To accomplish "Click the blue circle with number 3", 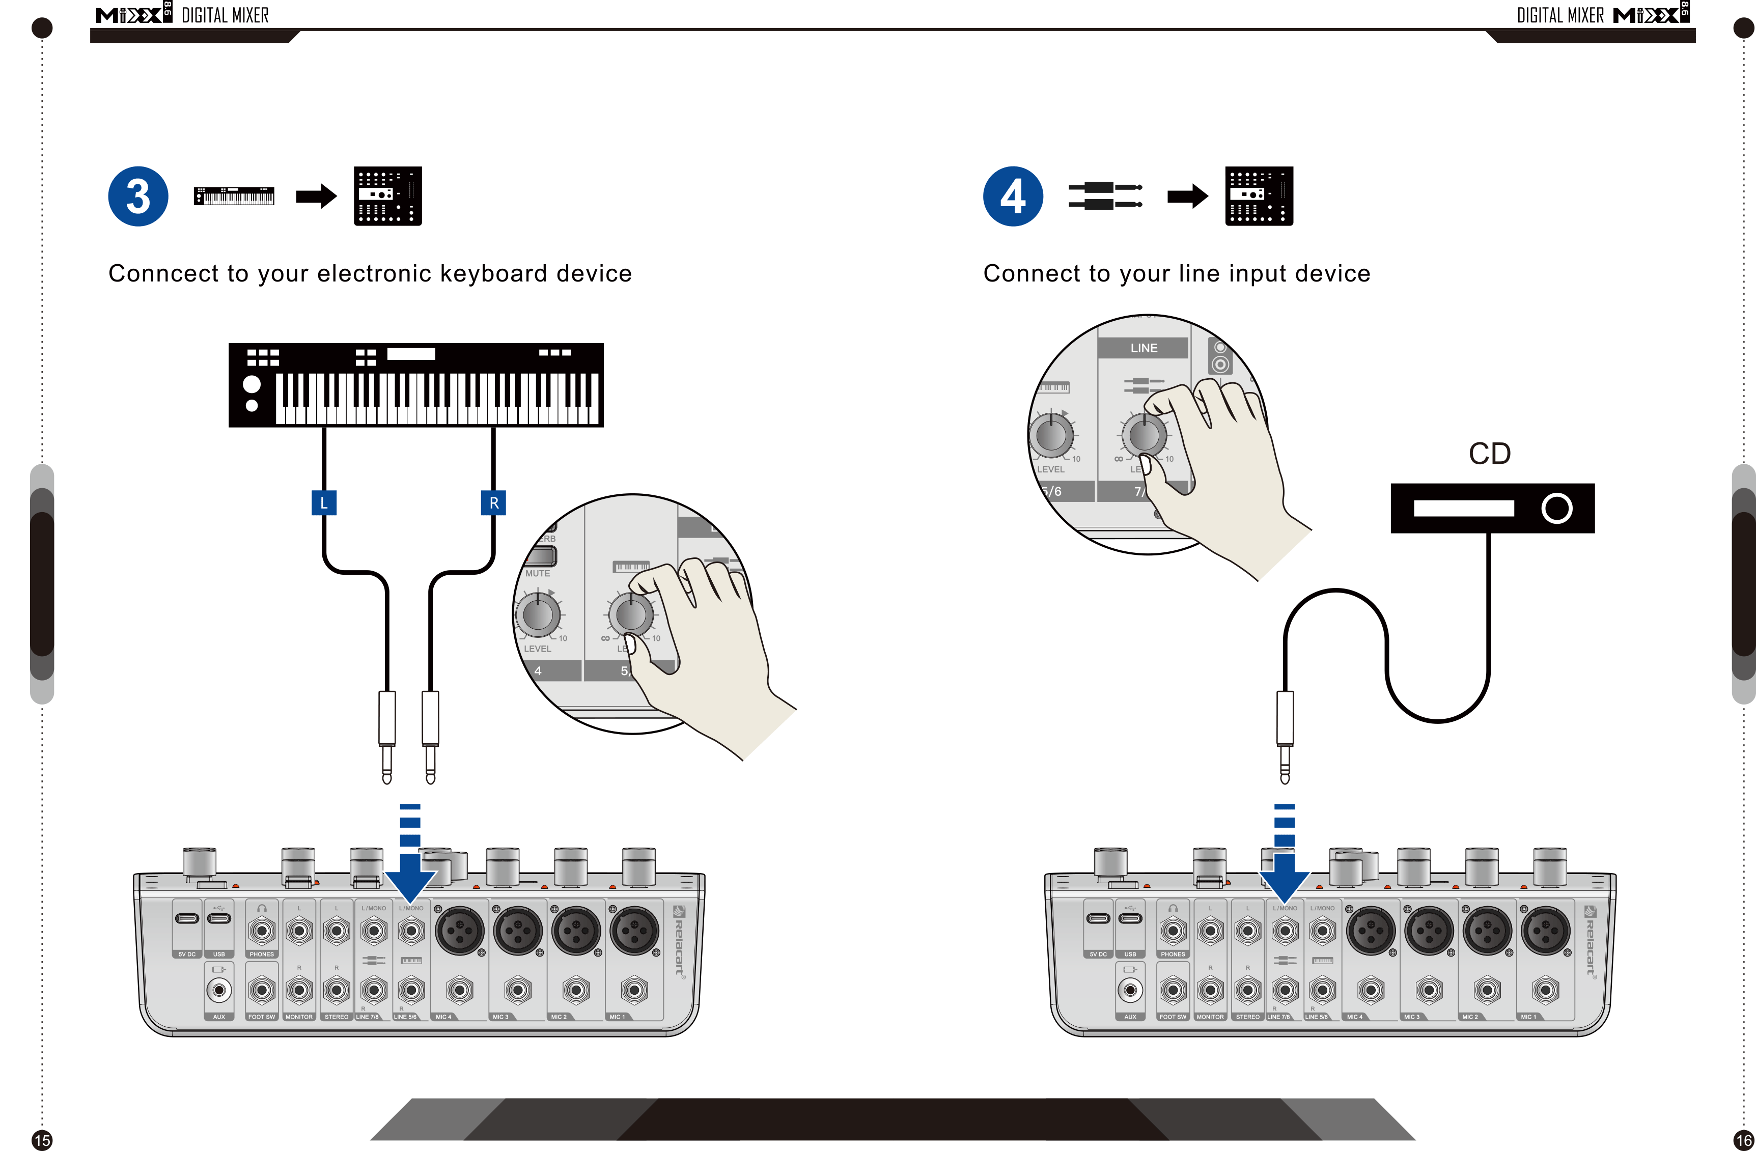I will pos(138,196).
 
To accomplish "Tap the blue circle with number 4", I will pos(1013,196).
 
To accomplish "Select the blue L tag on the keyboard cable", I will pos(324,502).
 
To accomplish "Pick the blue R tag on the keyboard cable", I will pos(493,502).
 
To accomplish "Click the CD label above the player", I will pos(1490,454).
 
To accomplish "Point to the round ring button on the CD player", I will pos(1557,509).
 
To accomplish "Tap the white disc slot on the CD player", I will pos(1464,509).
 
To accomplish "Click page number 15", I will pos(42,1140).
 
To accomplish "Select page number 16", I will pos(1743,1140).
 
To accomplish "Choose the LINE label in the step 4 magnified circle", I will pos(1144,348).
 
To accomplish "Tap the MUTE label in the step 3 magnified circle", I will pos(537,573).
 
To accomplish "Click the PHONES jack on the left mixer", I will pos(262,931).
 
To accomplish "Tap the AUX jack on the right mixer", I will pos(1130,990).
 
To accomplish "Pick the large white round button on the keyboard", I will pos(252,384).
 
